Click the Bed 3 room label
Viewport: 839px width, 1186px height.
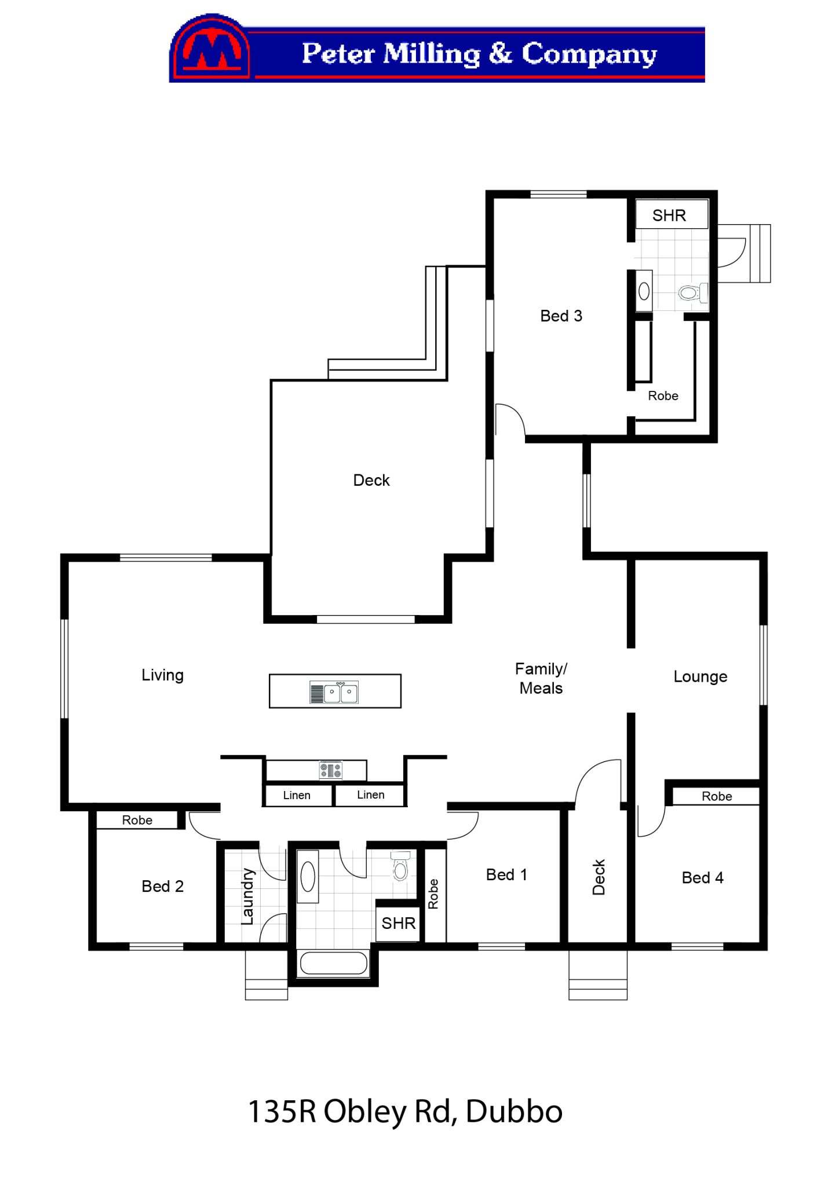(x=561, y=316)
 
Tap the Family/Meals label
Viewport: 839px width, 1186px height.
(x=541, y=678)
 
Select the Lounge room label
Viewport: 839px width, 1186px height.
(x=700, y=676)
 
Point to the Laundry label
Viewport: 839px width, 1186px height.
(x=248, y=896)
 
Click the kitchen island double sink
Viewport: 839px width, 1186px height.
(x=334, y=692)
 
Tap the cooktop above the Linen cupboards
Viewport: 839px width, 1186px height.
(x=331, y=770)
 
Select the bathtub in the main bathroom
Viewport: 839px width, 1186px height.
(x=334, y=963)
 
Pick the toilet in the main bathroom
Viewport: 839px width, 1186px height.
(x=400, y=866)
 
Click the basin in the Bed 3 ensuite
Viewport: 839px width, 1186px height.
(x=644, y=291)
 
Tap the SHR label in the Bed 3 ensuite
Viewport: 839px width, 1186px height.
(x=669, y=215)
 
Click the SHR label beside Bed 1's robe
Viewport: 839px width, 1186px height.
(x=399, y=923)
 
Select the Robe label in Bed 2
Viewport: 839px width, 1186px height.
(x=137, y=820)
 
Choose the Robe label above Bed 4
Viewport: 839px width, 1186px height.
(x=717, y=796)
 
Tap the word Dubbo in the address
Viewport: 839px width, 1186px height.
(x=514, y=1111)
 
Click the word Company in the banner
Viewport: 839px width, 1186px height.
(x=589, y=54)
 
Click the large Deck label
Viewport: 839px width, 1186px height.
(x=371, y=480)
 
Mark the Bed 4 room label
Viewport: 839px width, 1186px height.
(x=703, y=877)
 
